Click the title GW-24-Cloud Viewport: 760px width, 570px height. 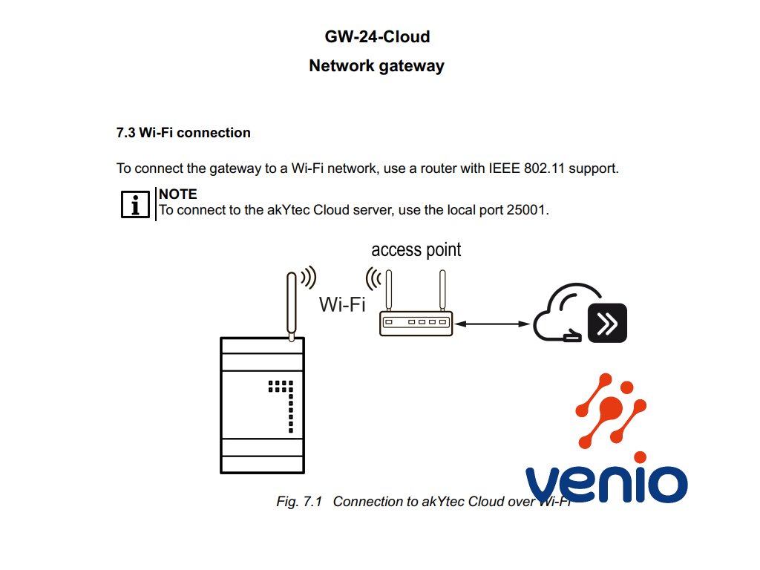click(x=377, y=36)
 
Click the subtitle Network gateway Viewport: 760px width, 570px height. click(x=376, y=65)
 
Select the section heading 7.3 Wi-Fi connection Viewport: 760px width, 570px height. click(x=183, y=133)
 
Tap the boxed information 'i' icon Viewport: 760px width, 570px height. click(x=134, y=204)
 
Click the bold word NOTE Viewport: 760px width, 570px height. click(x=178, y=194)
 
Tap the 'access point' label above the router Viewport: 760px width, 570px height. click(x=416, y=249)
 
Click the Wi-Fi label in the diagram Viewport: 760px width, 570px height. click(x=342, y=304)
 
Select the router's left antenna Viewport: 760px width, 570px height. click(x=387, y=291)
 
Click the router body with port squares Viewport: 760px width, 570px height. click(x=415, y=323)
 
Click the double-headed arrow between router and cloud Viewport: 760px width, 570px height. click(x=492, y=324)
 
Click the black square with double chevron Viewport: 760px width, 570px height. click(x=607, y=323)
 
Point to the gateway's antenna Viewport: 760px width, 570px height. click(x=291, y=304)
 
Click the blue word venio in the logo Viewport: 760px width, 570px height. click(x=605, y=482)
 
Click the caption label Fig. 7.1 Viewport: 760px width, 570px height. click(x=298, y=502)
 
